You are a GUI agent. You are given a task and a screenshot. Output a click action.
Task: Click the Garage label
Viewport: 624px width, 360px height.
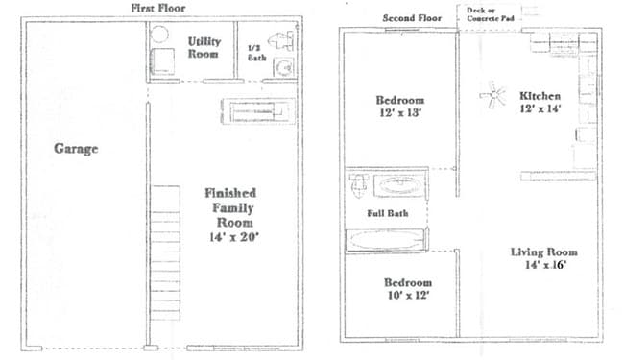[76, 149]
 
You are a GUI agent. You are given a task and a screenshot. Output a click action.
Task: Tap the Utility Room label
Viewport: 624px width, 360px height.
[204, 47]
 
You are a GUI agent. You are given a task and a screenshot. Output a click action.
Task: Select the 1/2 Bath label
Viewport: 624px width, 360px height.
[256, 53]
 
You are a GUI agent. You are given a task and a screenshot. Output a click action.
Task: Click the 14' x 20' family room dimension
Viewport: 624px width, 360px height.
[234, 237]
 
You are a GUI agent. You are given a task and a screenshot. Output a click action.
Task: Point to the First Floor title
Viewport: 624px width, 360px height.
[158, 8]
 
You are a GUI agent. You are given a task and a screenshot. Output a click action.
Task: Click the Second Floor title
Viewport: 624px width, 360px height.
[412, 18]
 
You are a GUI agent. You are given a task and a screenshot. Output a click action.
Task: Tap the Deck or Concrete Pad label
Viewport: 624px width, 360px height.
[491, 14]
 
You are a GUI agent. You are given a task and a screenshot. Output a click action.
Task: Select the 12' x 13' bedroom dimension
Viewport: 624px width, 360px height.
[400, 112]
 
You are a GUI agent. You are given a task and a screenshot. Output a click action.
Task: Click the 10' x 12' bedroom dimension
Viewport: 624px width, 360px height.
[408, 295]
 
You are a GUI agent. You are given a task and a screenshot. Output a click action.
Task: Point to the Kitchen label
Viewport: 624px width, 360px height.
[540, 96]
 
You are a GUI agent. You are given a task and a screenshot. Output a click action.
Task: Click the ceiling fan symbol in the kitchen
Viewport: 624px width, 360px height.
[492, 95]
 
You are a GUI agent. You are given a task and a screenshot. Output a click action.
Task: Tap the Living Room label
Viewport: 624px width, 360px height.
[544, 252]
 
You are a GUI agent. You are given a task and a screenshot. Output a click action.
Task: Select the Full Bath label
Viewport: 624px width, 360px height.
[388, 213]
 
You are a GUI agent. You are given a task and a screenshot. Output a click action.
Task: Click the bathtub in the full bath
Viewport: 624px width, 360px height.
[387, 240]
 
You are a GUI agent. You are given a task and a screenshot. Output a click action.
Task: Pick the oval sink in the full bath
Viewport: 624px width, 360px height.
[399, 185]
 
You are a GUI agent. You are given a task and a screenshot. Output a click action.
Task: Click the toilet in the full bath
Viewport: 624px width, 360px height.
[359, 184]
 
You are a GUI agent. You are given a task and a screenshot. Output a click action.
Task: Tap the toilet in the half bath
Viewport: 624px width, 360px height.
[281, 41]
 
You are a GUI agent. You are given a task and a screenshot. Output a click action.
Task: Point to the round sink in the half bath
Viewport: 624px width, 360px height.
[284, 68]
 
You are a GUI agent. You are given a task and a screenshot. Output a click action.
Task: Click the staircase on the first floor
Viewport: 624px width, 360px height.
[165, 253]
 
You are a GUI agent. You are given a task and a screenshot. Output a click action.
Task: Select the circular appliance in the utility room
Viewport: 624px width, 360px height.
[159, 35]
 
